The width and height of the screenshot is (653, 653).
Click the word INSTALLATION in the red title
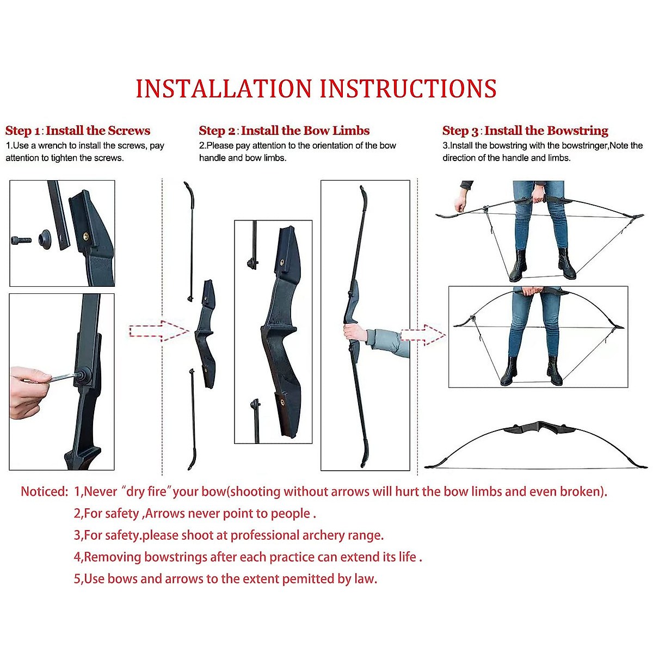[x=224, y=89]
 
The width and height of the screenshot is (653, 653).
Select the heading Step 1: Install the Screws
[x=78, y=131]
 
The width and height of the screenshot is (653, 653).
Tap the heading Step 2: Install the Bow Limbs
[x=284, y=131]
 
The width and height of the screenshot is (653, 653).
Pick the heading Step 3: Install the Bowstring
[x=525, y=131]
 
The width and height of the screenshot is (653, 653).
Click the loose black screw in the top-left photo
[x=21, y=240]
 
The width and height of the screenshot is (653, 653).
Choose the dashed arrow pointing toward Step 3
[x=423, y=335]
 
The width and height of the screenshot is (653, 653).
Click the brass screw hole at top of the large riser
[x=282, y=262]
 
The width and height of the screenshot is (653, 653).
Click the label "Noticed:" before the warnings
[x=44, y=492]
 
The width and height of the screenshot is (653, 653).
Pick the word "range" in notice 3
[x=367, y=535]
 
